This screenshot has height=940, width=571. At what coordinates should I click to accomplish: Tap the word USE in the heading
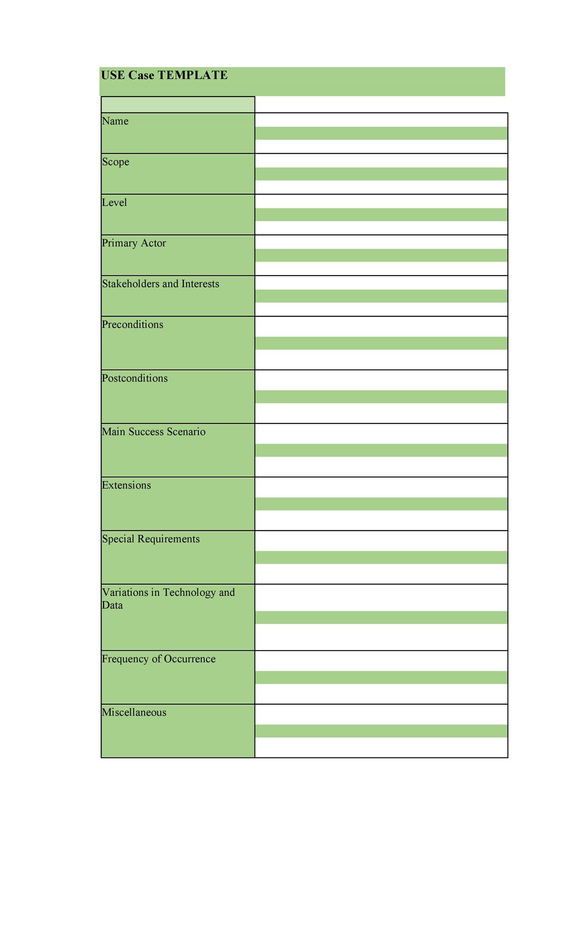112,75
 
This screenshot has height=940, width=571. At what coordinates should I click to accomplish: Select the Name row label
115,121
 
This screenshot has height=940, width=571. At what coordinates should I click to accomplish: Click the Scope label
115,162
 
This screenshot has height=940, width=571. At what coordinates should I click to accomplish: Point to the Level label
114,203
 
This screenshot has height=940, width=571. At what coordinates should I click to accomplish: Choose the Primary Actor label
134,243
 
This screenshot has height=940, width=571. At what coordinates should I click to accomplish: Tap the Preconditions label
132,324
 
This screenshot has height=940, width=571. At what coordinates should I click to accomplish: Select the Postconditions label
134,378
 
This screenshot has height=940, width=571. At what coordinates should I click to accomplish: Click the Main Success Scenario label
153,432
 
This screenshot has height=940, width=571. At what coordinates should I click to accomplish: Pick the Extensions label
126,485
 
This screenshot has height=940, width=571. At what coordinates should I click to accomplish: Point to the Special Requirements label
151,539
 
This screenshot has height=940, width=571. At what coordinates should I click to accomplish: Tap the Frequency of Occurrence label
158,659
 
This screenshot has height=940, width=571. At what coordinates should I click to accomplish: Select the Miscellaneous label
134,712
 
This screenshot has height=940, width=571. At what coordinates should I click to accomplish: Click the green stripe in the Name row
381,133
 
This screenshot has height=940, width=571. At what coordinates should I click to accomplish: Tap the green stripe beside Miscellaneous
381,731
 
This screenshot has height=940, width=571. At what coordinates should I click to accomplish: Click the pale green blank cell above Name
178,105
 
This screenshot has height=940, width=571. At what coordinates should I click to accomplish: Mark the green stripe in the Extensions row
381,503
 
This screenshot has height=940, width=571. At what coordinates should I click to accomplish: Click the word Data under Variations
112,605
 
